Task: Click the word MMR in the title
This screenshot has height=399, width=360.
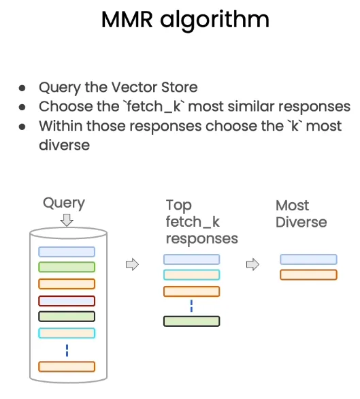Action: pyautogui.click(x=127, y=20)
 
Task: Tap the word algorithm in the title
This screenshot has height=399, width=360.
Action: pyautogui.click(x=214, y=21)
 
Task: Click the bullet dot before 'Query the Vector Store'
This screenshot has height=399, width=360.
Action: pyautogui.click(x=22, y=88)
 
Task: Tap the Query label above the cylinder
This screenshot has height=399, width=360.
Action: pyautogui.click(x=64, y=204)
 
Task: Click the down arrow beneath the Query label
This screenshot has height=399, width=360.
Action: pyautogui.click(x=67, y=220)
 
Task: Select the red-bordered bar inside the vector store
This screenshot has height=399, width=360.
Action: pyautogui.click(x=67, y=301)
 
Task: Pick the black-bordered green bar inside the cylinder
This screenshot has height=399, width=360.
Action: pyautogui.click(x=67, y=317)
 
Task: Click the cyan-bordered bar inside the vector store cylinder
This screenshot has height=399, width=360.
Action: pyautogui.click(x=67, y=333)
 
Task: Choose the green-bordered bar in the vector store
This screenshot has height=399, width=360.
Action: pyautogui.click(x=67, y=267)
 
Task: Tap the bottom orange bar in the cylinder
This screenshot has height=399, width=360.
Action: pyautogui.click(x=67, y=367)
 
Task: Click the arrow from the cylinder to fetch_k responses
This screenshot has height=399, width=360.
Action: pyautogui.click(x=132, y=265)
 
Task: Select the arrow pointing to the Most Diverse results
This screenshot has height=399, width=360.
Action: pyautogui.click(x=252, y=265)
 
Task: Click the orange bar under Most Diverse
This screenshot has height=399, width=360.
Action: pyautogui.click(x=308, y=275)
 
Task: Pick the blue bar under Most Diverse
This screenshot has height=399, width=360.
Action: pyautogui.click(x=308, y=259)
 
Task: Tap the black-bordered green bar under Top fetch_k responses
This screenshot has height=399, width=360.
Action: pyautogui.click(x=192, y=321)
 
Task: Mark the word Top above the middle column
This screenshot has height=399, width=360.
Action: pyautogui.click(x=179, y=206)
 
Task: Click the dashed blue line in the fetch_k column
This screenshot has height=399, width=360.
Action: pyautogui.click(x=192, y=306)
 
